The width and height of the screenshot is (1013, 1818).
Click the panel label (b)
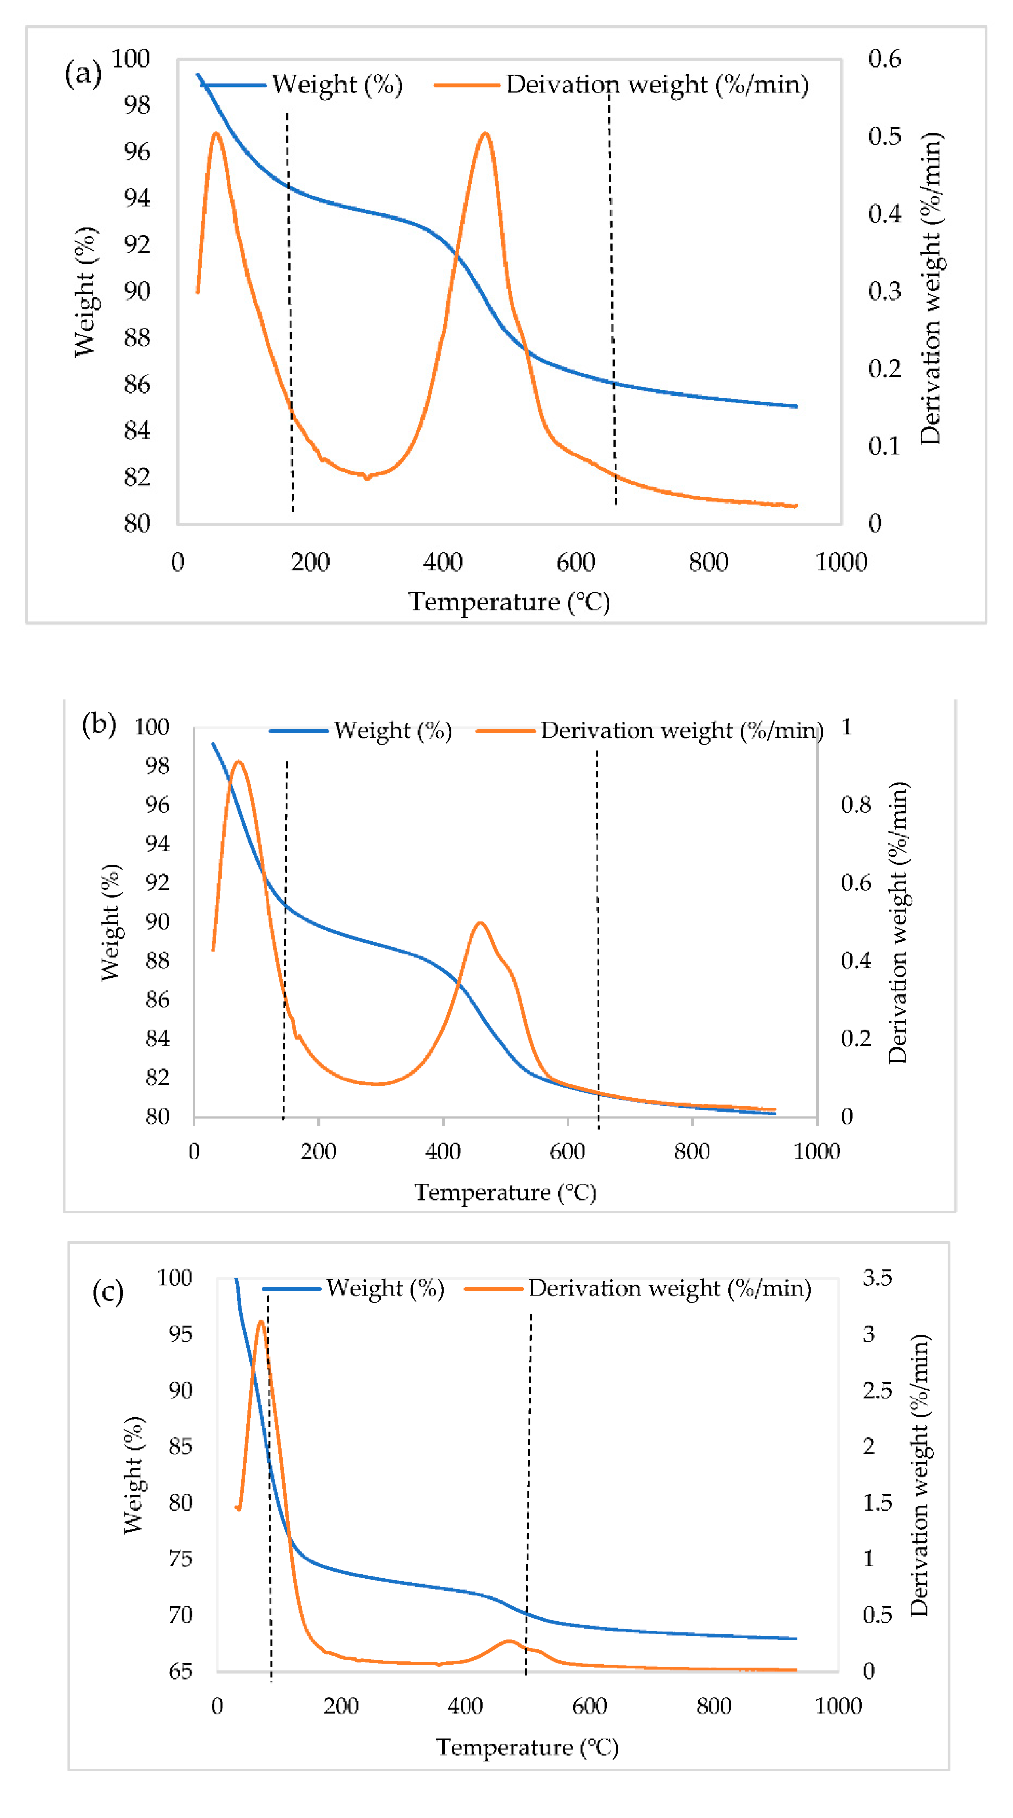click(x=99, y=724)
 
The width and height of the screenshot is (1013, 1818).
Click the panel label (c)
click(x=108, y=1292)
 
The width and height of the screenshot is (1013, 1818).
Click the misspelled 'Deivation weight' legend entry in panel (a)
click(x=656, y=85)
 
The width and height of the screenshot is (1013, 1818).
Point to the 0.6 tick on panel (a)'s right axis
click(x=884, y=59)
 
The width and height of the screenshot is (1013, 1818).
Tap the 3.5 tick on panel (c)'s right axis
click(x=877, y=1277)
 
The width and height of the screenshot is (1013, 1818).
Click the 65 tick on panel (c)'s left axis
click(x=180, y=1670)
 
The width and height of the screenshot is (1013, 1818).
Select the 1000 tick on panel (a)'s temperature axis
click(x=841, y=562)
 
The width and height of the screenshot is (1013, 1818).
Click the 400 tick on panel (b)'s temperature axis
click(x=443, y=1152)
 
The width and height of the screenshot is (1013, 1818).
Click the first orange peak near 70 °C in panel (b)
click(x=239, y=762)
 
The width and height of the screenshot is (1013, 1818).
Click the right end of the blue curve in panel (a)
click(x=796, y=407)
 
